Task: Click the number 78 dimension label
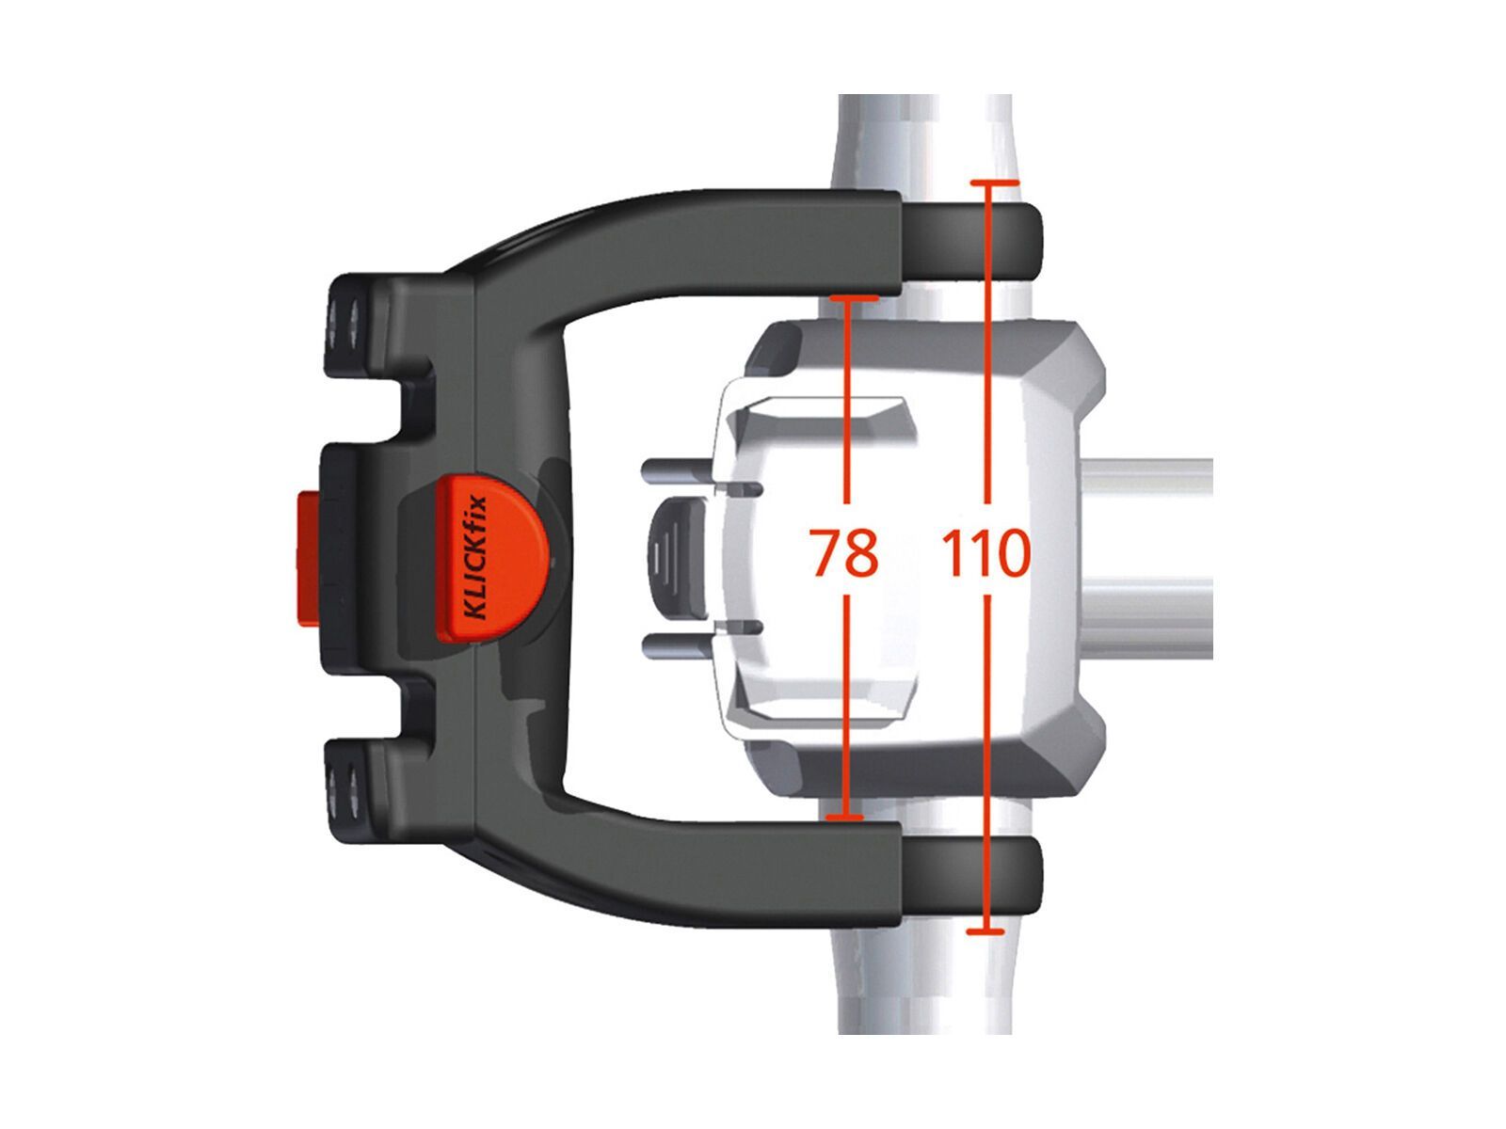point(844,552)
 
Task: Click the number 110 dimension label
point(985,552)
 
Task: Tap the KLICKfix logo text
point(474,557)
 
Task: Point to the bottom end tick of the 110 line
point(985,930)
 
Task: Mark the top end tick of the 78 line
point(855,298)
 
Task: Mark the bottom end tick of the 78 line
point(844,817)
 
